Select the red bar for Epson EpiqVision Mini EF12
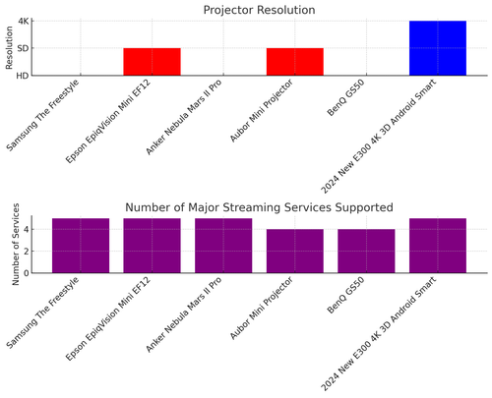point(152,62)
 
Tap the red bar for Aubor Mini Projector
point(294,62)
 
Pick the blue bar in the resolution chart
point(438,48)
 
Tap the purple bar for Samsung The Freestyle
point(80,246)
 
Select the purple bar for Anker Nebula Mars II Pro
point(223,246)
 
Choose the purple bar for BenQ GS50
point(366,252)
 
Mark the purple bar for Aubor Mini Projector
point(294,252)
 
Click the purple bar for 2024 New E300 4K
point(438,246)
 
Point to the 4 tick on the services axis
point(34,229)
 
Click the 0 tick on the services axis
point(34,273)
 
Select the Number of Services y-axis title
point(16,246)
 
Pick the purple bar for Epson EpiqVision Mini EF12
point(152,246)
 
